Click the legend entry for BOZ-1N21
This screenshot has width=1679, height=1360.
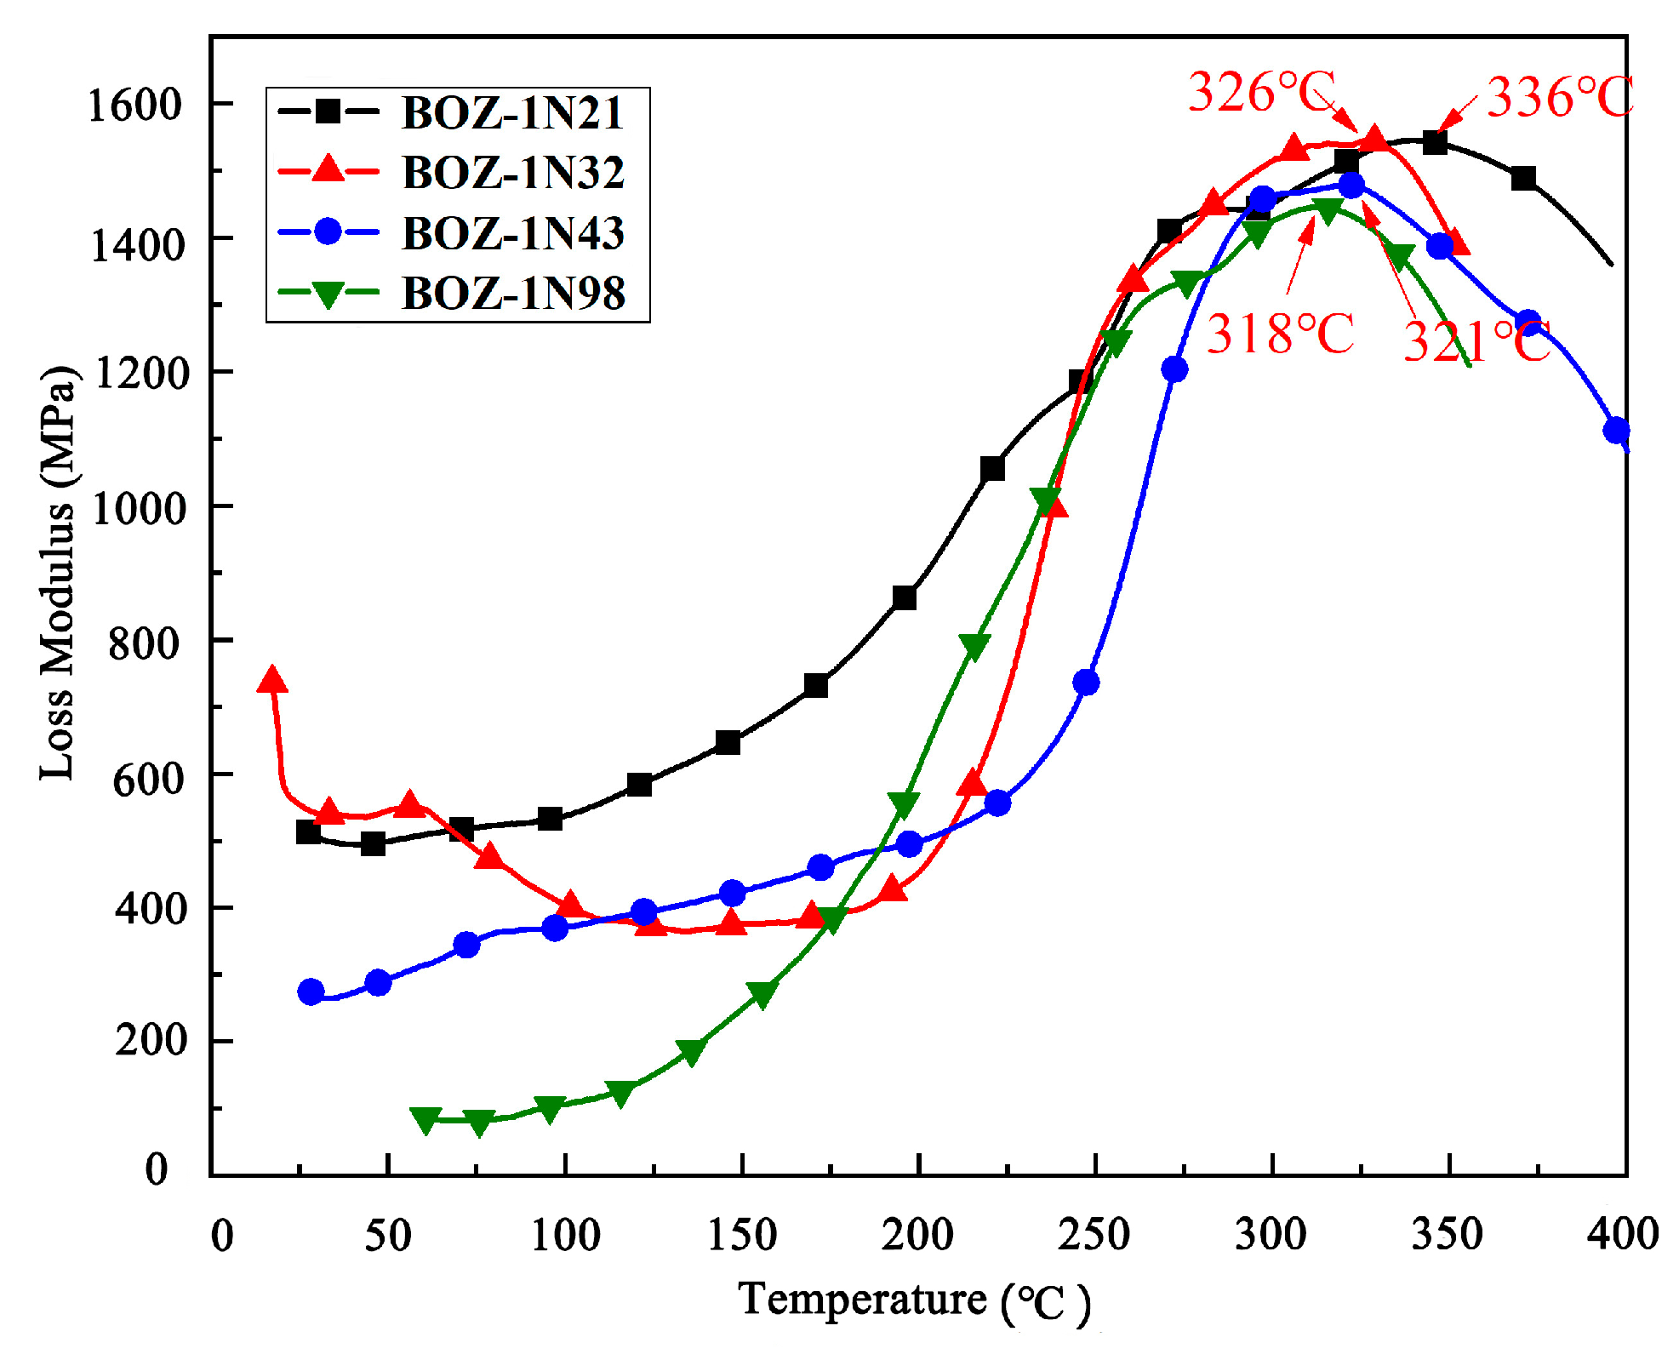(512, 112)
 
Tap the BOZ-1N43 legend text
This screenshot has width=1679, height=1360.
(512, 232)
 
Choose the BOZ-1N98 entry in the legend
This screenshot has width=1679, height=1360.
(512, 293)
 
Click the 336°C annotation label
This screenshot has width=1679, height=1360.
(1559, 97)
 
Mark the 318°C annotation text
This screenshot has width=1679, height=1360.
(1280, 334)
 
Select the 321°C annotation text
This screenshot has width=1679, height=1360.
(1476, 342)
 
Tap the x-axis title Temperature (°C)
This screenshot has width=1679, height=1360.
(914, 1300)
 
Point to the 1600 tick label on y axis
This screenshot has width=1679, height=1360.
(135, 106)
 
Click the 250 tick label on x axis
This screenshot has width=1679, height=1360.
(1094, 1234)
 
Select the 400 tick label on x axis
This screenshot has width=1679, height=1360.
(1622, 1234)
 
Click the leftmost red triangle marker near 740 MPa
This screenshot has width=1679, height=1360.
(271, 680)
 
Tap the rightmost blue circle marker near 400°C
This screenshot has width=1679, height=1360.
(1616, 430)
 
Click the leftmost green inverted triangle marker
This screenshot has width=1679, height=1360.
(425, 1120)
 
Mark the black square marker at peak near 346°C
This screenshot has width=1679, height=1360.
(1435, 142)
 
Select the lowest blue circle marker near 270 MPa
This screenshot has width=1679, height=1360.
(311, 991)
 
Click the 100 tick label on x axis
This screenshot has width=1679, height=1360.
(565, 1234)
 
